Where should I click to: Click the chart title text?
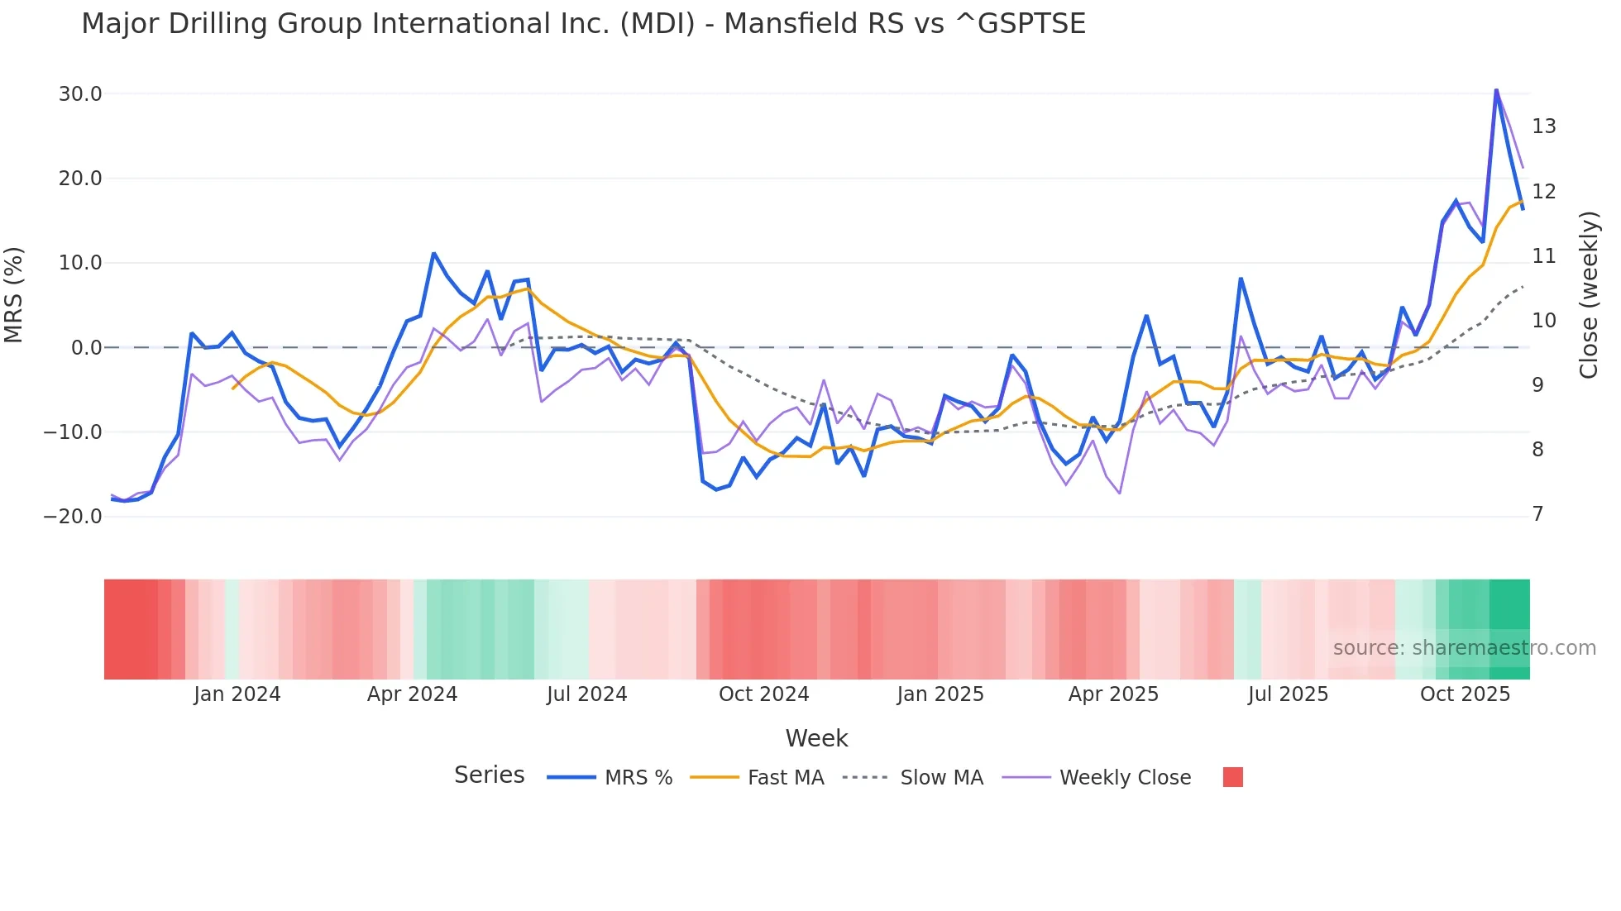pyautogui.click(x=583, y=24)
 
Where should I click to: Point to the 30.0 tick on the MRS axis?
pyautogui.click(x=80, y=94)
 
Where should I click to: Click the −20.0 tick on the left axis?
pyautogui.click(x=73, y=517)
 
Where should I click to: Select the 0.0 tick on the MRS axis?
pyautogui.click(x=86, y=348)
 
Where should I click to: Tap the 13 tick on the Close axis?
pyautogui.click(x=1543, y=126)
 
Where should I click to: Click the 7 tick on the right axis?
pyautogui.click(x=1537, y=514)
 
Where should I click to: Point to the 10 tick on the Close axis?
pyautogui.click(x=1543, y=321)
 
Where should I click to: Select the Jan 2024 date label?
pyautogui.click(x=237, y=694)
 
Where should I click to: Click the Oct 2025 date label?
pyautogui.click(x=1465, y=694)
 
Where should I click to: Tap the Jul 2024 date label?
pyautogui.click(x=586, y=694)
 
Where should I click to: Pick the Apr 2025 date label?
pyautogui.click(x=1113, y=694)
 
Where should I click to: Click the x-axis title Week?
pyautogui.click(x=816, y=738)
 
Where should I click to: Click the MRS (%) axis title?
pyautogui.click(x=14, y=295)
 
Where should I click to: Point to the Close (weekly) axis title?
pyautogui.click(x=1588, y=295)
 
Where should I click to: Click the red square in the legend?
pyautogui.click(x=1232, y=777)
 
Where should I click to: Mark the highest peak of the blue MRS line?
pyautogui.click(x=1496, y=90)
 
